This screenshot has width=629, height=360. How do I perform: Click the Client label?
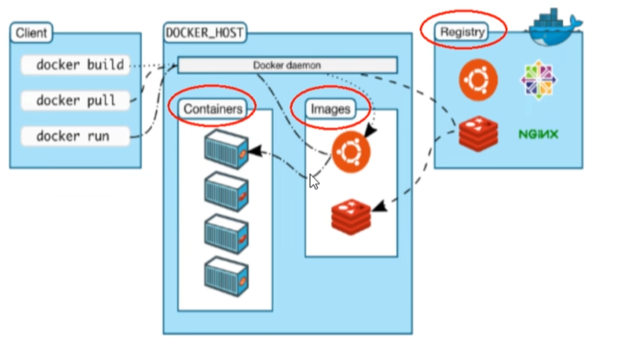tap(31, 33)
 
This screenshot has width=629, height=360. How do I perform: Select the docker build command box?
tap(75, 65)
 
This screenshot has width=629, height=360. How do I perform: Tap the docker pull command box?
tap(75, 100)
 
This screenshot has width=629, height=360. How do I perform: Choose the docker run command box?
tap(75, 136)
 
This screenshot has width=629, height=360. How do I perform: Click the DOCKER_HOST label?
tap(204, 33)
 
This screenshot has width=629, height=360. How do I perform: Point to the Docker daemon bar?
tap(287, 65)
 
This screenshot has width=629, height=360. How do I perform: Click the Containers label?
tap(213, 109)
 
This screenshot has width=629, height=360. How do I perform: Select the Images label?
tap(331, 109)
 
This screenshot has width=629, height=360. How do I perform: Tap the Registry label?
tap(462, 31)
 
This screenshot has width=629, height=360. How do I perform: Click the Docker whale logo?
tap(554, 27)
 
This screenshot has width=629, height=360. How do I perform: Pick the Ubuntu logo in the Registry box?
tap(478, 80)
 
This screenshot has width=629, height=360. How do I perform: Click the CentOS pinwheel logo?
tap(538, 80)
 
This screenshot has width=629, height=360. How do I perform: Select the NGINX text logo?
tap(538, 134)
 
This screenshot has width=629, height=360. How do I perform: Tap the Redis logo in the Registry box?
tap(478, 134)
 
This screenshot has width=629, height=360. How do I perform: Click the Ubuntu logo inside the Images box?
tap(350, 152)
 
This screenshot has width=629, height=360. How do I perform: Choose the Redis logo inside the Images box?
tap(350, 216)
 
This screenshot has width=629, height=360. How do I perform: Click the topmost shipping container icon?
tap(226, 149)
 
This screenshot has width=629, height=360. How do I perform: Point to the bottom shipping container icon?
tap(226, 276)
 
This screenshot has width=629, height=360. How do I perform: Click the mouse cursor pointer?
tap(314, 182)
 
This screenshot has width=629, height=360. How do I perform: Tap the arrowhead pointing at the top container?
tap(255, 151)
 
